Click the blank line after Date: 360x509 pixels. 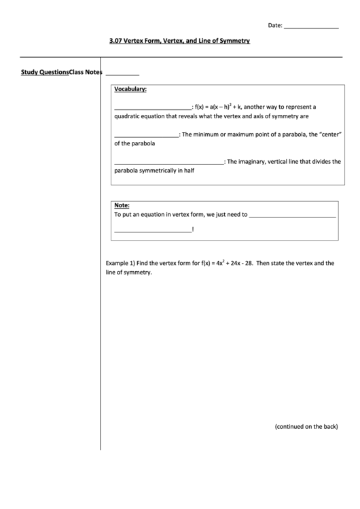(x=310, y=27)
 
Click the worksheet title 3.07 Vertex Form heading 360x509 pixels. (x=179, y=41)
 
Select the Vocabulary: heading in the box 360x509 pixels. (x=130, y=89)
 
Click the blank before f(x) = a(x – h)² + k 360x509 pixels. (x=153, y=107)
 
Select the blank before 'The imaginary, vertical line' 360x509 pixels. (x=168, y=162)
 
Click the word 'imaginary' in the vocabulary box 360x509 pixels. (x=262, y=162)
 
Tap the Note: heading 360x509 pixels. (x=122, y=205)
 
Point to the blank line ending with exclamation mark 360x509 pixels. (x=153, y=230)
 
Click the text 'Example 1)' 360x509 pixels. (x=121, y=262)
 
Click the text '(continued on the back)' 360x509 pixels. (x=306, y=427)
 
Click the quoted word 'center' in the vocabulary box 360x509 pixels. (x=326, y=135)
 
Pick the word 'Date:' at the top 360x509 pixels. (x=274, y=26)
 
